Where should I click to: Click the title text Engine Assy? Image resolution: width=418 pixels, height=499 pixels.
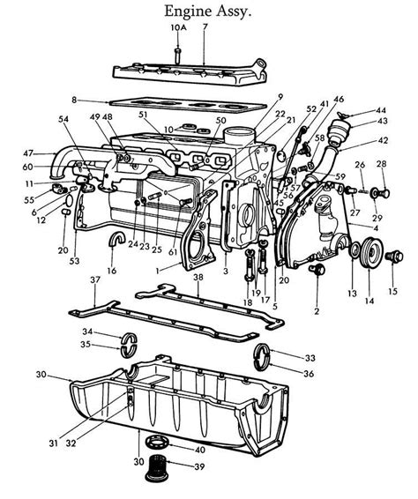(208, 11)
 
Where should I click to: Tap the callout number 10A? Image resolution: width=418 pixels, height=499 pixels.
(177, 28)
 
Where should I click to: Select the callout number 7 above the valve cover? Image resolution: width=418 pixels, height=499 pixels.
(205, 28)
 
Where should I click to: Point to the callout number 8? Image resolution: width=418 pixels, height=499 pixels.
(74, 101)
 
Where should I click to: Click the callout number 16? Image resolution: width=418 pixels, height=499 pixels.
(112, 270)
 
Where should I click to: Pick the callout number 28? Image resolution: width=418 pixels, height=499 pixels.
(382, 164)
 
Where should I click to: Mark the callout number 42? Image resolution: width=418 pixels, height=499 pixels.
(382, 139)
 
